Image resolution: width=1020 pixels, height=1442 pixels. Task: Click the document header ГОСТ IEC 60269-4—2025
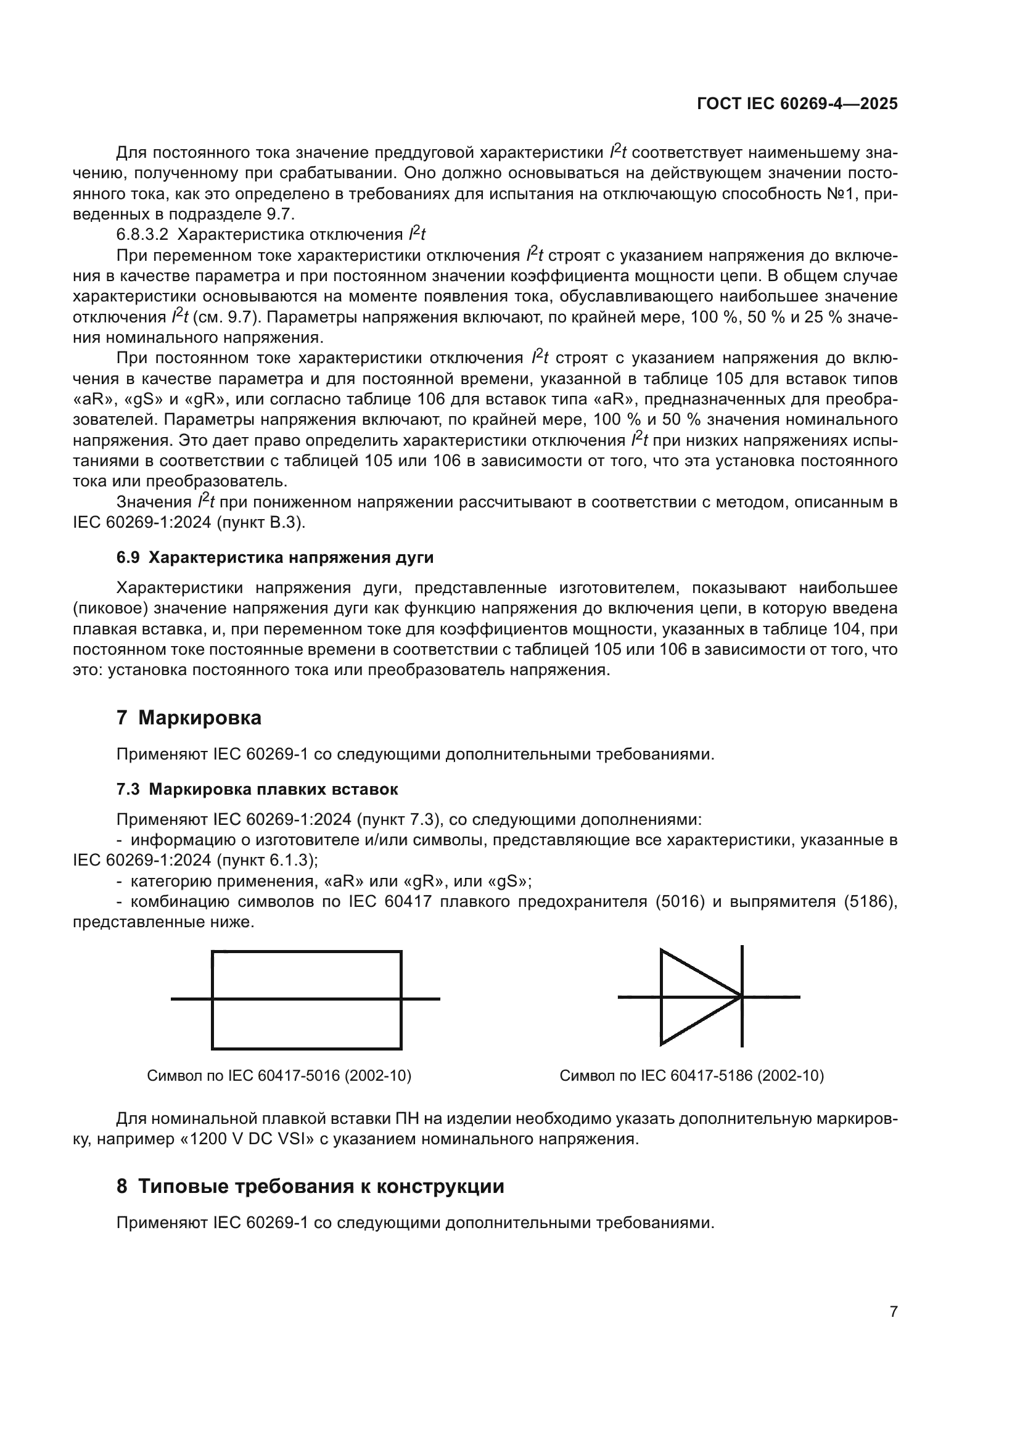click(x=797, y=104)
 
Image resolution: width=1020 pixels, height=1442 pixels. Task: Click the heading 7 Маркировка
click(x=189, y=718)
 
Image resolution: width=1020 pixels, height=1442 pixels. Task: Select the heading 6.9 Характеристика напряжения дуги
click(x=275, y=558)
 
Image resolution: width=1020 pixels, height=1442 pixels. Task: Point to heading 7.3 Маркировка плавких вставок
click(x=258, y=790)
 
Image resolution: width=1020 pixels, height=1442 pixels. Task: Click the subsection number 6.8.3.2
click(x=142, y=235)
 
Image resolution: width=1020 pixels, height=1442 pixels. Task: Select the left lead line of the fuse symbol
click(x=191, y=999)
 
